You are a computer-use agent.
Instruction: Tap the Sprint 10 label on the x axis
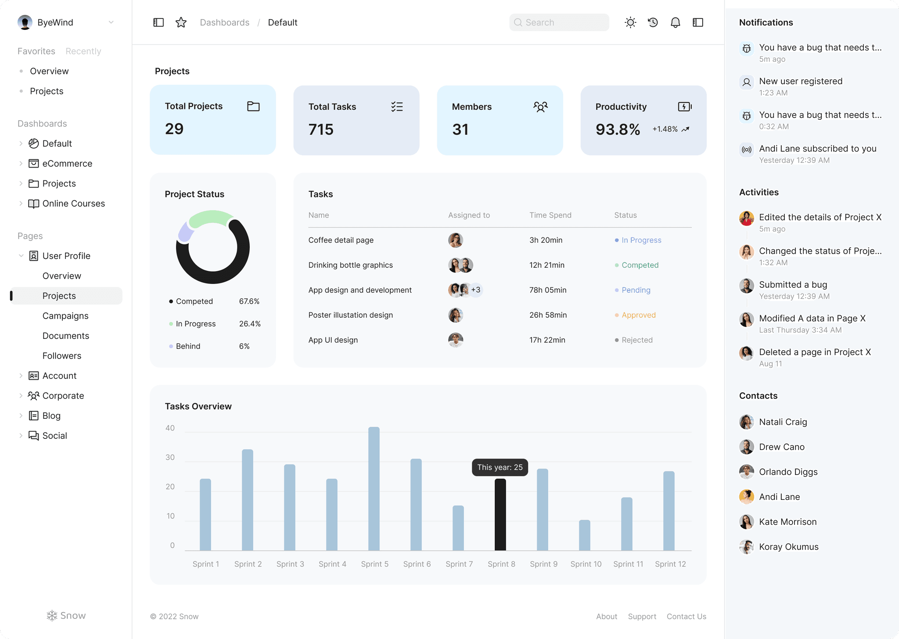586,564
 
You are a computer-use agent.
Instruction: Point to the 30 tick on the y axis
170,457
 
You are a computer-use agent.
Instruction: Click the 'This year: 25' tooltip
500,467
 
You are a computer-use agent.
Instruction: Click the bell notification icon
675,22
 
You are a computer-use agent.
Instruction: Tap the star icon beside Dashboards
181,22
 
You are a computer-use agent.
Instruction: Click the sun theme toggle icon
630,22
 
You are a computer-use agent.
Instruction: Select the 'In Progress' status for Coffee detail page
641,240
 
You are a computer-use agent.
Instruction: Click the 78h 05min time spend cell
547,290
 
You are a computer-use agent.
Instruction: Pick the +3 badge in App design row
476,290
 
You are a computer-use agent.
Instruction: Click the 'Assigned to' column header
468,215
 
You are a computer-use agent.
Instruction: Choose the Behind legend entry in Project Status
188,346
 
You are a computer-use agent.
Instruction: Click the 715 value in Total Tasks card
321,129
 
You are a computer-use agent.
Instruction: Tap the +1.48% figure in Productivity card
665,129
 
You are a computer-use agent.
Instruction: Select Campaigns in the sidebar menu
65,316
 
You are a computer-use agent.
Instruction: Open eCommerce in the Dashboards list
67,164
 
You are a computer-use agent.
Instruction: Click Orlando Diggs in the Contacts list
788,472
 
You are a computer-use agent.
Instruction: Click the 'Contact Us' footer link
686,617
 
